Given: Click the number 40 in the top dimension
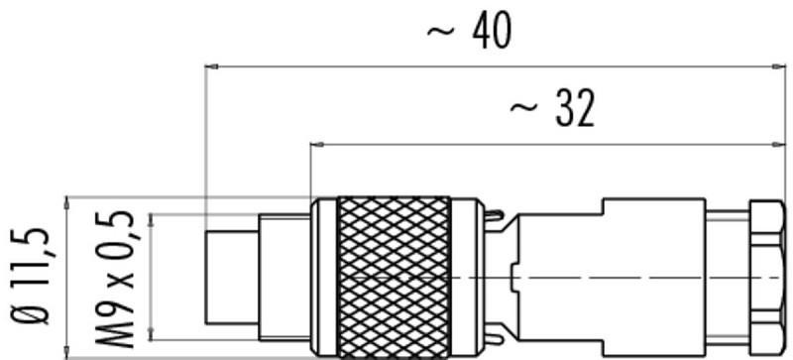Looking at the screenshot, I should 492,32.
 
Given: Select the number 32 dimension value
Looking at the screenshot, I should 574,110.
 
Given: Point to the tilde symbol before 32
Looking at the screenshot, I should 521,112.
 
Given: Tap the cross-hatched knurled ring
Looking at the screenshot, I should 394,277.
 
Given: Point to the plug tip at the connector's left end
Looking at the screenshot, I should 228,277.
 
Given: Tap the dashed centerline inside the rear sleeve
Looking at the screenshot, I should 644,277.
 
